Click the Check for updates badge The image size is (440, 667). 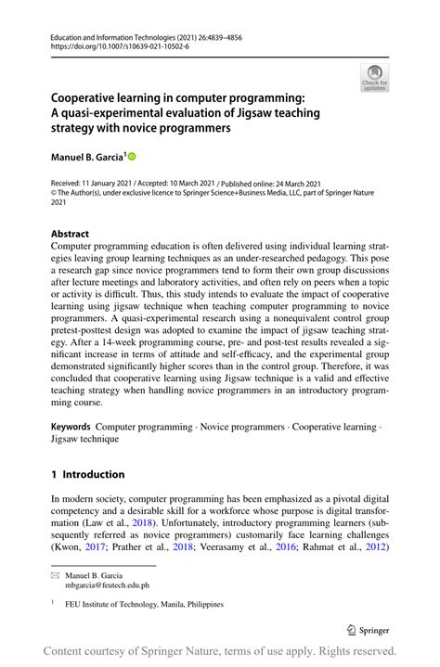374,77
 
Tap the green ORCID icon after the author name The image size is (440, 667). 132,157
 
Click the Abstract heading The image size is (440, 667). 71,234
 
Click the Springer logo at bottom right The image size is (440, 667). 369,630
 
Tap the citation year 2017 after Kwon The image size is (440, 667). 93,546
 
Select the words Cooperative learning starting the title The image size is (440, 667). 108,96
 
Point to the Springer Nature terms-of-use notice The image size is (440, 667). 220,650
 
